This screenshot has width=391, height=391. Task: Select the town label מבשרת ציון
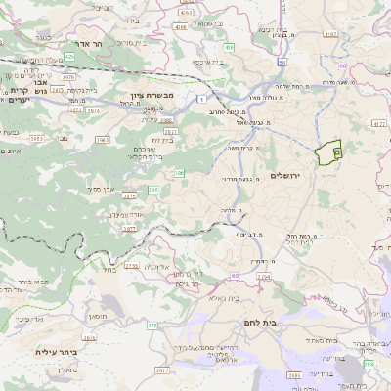point(150,98)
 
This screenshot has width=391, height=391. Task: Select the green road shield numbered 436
point(228,46)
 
